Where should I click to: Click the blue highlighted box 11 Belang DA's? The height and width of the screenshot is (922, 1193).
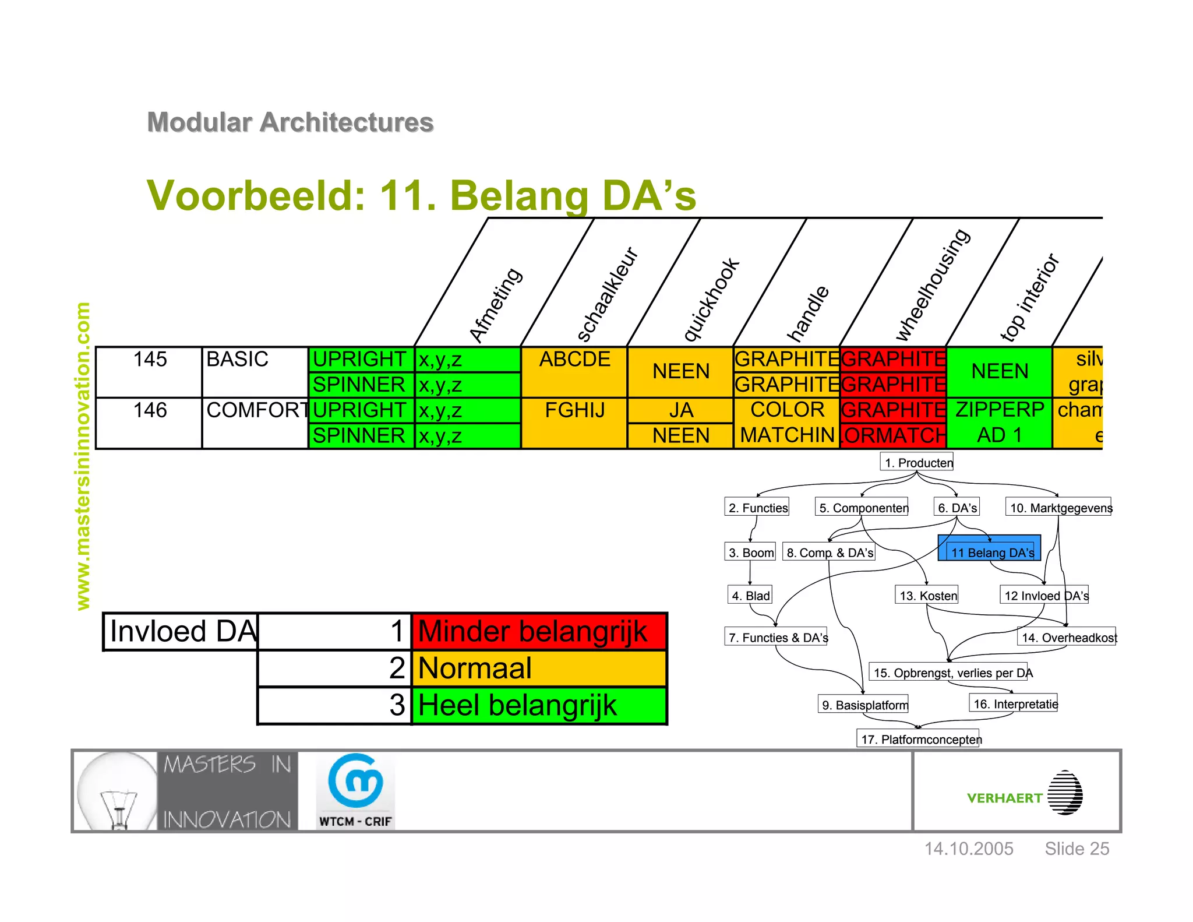click(x=989, y=548)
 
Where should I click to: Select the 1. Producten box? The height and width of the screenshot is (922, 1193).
click(x=916, y=462)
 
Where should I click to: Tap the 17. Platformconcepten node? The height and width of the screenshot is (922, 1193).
click(x=918, y=739)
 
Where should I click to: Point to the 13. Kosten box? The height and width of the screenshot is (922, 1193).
click(x=927, y=595)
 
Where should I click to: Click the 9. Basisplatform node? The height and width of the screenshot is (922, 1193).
click(x=863, y=705)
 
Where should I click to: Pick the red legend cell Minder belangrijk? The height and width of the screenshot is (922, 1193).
click(x=539, y=631)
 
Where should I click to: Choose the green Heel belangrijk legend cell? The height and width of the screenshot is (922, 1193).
click(x=539, y=705)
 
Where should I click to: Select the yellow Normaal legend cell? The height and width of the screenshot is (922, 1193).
click(x=539, y=668)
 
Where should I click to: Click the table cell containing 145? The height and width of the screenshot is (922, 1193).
click(x=150, y=360)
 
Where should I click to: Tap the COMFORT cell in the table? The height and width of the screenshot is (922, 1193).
click(x=255, y=410)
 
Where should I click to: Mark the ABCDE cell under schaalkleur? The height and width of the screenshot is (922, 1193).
click(x=574, y=360)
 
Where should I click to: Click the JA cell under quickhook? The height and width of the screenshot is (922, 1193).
click(x=680, y=410)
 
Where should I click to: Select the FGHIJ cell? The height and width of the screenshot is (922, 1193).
click(x=574, y=410)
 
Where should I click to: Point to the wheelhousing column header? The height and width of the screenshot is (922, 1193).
click(x=933, y=284)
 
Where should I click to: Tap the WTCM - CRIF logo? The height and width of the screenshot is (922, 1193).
click(x=355, y=791)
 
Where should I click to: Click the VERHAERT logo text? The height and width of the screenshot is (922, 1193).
click(x=1004, y=798)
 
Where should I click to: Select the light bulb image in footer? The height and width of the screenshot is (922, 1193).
click(x=117, y=791)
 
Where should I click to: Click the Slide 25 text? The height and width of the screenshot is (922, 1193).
click(x=1076, y=849)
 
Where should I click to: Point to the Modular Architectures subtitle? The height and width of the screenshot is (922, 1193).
click(x=290, y=122)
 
